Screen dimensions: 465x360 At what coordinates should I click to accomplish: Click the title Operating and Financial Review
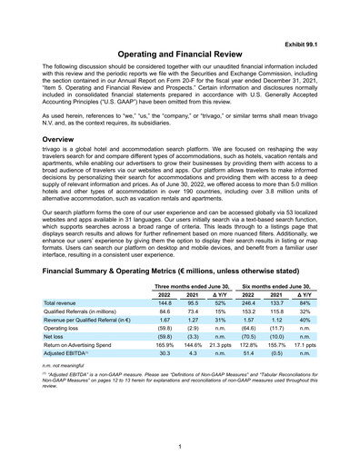point(180,55)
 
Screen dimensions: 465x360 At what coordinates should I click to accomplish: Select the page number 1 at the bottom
point(180,444)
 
